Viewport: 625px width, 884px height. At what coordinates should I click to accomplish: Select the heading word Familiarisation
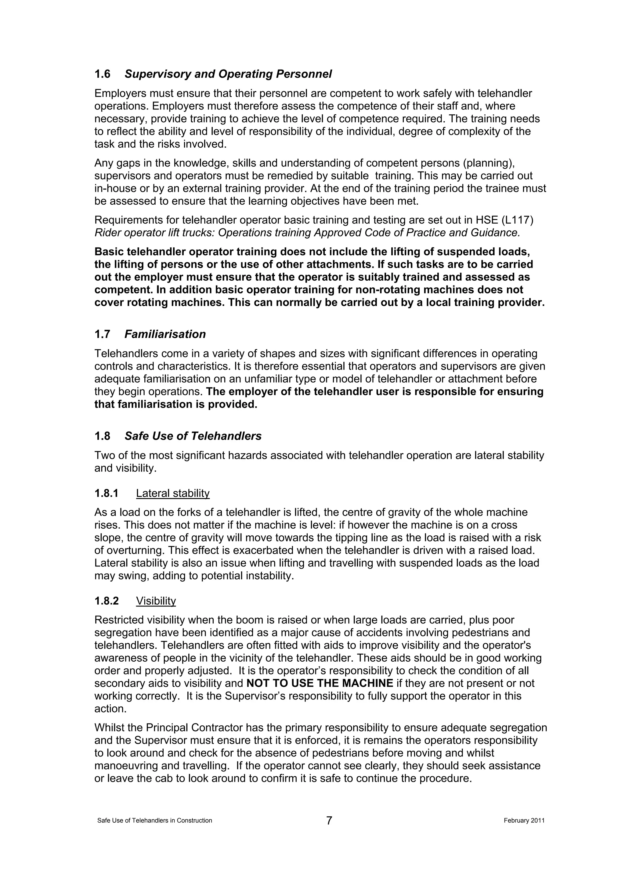165,334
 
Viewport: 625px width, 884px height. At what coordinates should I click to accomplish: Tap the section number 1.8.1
106,493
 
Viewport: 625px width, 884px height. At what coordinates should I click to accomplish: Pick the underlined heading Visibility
156,601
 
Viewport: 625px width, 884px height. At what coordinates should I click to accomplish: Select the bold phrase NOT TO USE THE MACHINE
320,683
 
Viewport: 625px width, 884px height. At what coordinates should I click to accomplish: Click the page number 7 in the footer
329,821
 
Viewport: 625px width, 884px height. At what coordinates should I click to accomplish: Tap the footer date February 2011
524,821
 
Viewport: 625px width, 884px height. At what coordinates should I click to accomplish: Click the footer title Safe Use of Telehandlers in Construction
154,821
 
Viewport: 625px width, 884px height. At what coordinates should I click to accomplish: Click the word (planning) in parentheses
489,163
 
